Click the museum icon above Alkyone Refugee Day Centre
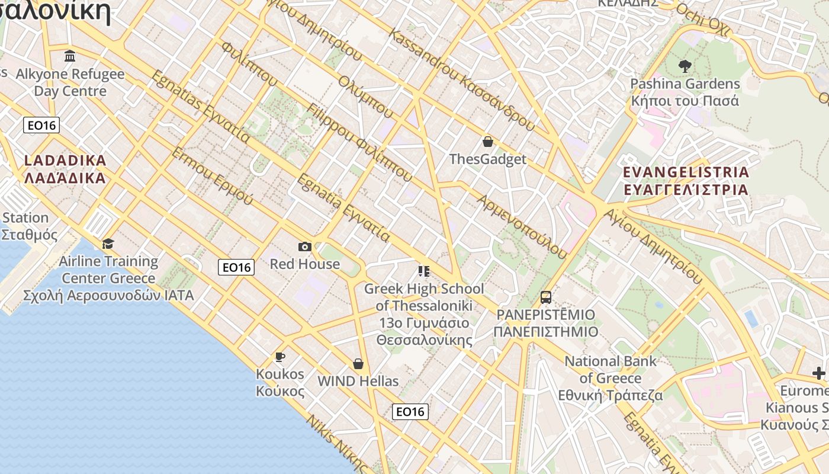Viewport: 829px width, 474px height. pyautogui.click(x=70, y=56)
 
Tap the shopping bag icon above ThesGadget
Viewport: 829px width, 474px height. pyautogui.click(x=488, y=142)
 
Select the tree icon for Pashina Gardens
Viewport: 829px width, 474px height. pyautogui.click(x=685, y=66)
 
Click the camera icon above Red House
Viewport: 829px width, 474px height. pyautogui.click(x=305, y=246)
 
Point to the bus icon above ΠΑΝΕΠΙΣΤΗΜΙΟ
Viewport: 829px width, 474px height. pyautogui.click(x=546, y=297)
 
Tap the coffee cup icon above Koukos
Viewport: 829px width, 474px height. pyautogui.click(x=280, y=357)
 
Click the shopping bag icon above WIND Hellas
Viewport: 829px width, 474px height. pyautogui.click(x=358, y=364)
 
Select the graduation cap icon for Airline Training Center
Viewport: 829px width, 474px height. pyautogui.click(x=108, y=244)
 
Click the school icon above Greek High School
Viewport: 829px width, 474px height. pyautogui.click(x=424, y=271)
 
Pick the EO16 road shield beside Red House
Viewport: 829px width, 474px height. pyautogui.click(x=236, y=267)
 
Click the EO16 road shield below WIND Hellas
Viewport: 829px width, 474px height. pyautogui.click(x=410, y=412)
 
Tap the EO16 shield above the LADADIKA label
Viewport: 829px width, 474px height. pyautogui.click(x=41, y=125)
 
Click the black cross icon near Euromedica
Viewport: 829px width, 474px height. pyautogui.click(x=819, y=373)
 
